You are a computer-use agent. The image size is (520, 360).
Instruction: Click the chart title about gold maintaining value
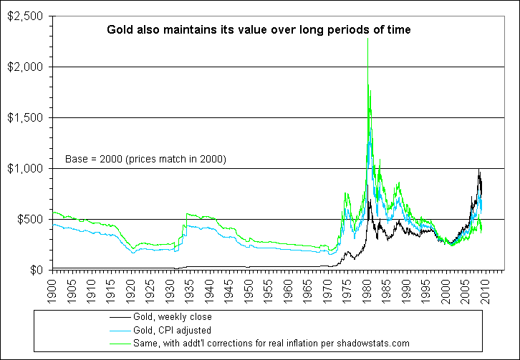(259, 30)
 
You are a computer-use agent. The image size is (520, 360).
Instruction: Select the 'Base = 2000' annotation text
(146, 159)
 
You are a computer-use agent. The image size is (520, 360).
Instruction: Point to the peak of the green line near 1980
(368, 84)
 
